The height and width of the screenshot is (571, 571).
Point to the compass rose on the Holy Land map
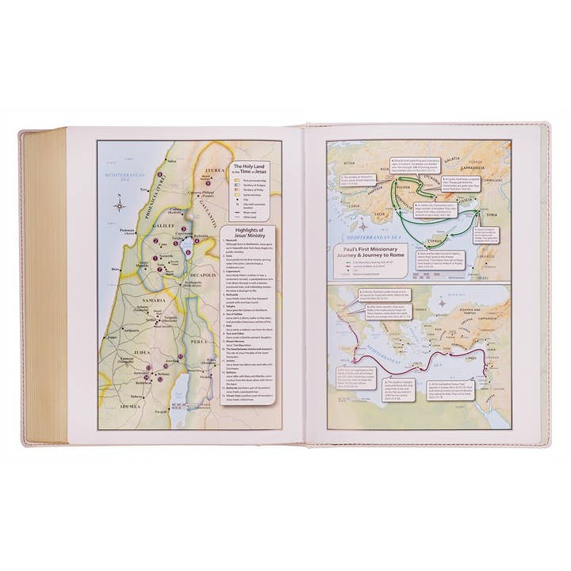point(119,205)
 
